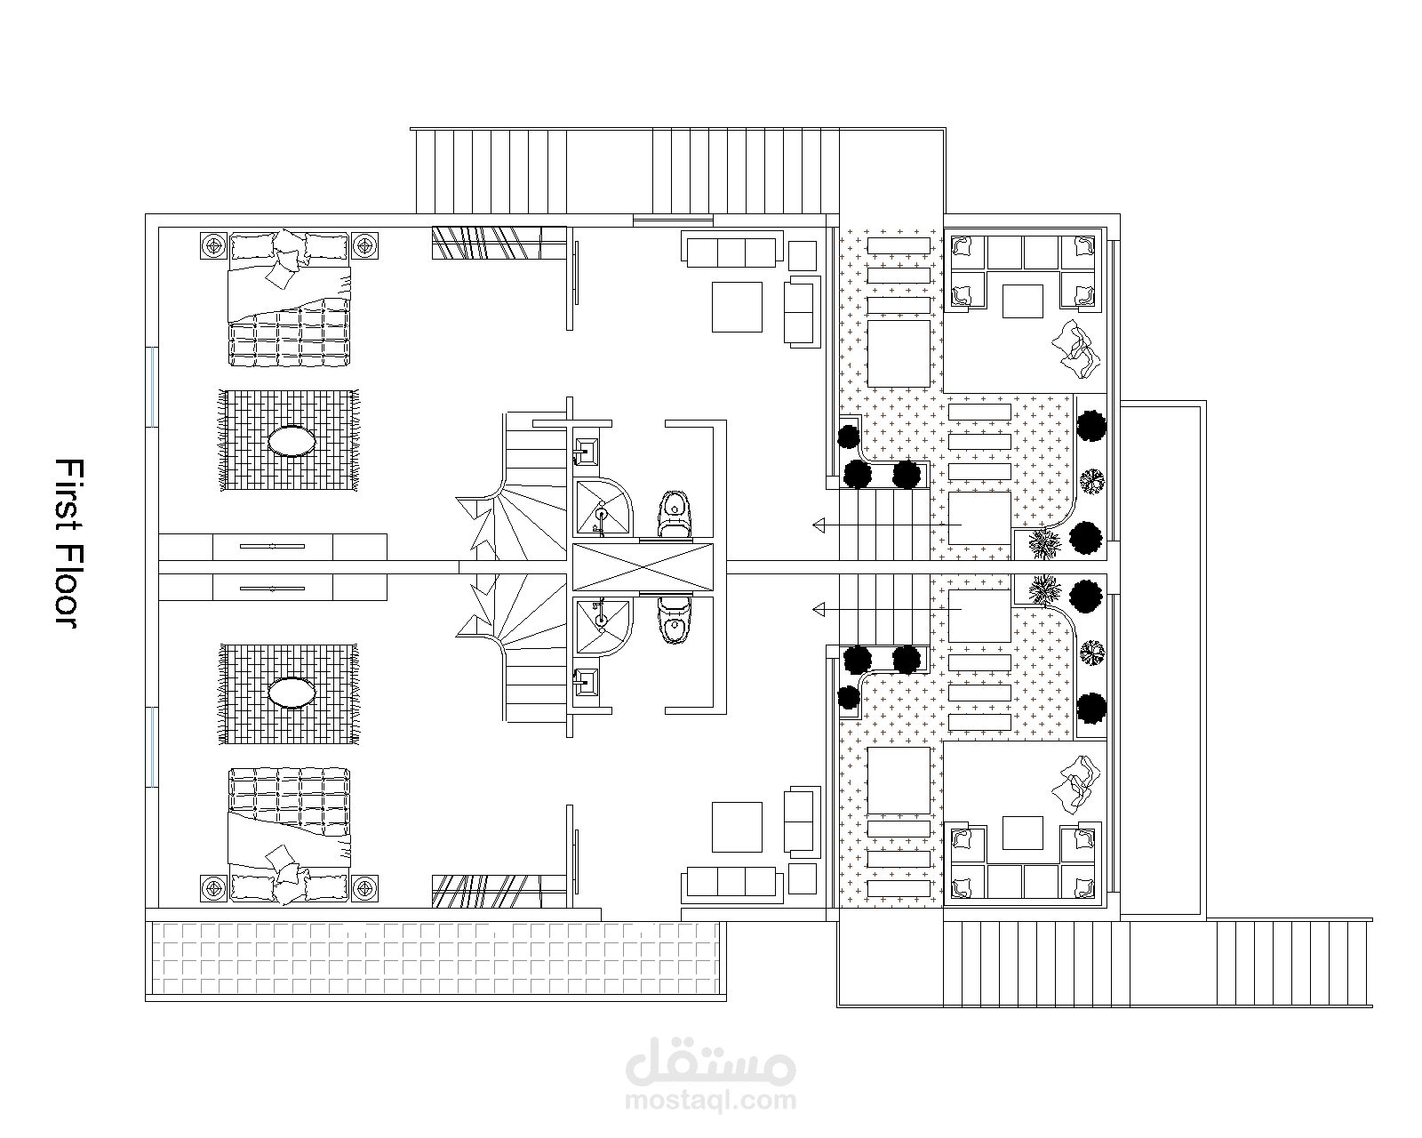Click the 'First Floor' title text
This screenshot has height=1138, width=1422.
click(x=68, y=543)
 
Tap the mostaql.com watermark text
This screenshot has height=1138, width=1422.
click(x=710, y=1101)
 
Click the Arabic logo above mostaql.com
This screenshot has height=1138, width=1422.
click(x=710, y=1062)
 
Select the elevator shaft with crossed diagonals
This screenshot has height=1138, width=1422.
click(x=643, y=566)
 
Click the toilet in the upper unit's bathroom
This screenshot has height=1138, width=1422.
click(x=674, y=514)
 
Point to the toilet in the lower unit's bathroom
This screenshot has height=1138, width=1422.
click(x=674, y=621)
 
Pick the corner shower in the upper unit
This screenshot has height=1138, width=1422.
click(x=603, y=507)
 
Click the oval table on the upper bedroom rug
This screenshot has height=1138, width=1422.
click(x=292, y=441)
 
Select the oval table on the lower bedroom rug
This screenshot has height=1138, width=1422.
click(x=292, y=693)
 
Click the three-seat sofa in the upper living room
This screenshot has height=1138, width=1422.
click(x=732, y=249)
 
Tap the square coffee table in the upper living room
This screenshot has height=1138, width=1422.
click(x=737, y=307)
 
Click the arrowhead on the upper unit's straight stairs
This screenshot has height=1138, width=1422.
click(x=819, y=525)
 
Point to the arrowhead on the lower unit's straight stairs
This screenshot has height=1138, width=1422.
click(x=819, y=609)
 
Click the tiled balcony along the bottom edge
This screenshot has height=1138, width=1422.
click(x=436, y=958)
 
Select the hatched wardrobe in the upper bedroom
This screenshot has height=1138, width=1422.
click(x=499, y=243)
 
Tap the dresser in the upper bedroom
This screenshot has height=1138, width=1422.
click(x=273, y=547)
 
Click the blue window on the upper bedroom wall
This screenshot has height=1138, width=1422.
click(x=153, y=387)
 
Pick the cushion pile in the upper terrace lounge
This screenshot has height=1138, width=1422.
click(x=1076, y=349)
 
